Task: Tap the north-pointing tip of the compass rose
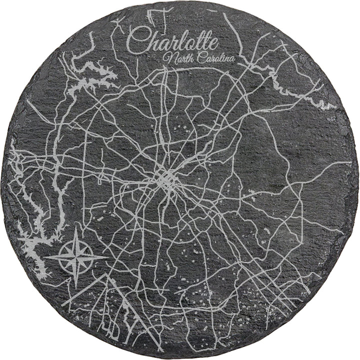point(76,228)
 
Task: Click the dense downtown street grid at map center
point(165,180)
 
